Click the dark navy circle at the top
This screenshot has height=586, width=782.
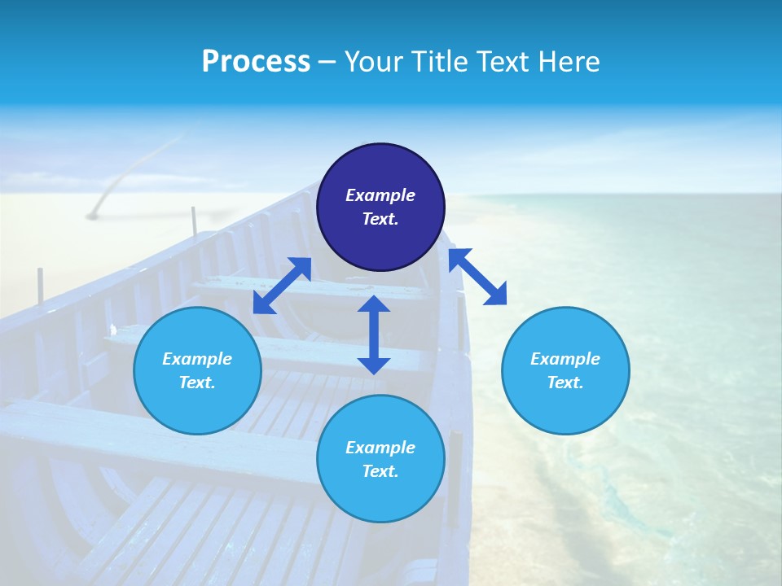click(x=380, y=208)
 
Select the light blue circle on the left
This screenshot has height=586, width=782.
click(x=197, y=370)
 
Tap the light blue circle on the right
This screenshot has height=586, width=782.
click(x=565, y=370)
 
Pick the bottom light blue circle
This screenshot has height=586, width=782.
click(x=380, y=459)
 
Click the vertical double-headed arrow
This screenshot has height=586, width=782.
click(x=374, y=335)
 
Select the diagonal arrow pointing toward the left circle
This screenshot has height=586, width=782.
click(x=282, y=285)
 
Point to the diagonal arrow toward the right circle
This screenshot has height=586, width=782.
click(x=477, y=277)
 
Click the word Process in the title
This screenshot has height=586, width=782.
click(x=256, y=61)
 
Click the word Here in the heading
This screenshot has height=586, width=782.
click(x=568, y=61)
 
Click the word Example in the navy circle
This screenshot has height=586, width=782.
click(x=380, y=195)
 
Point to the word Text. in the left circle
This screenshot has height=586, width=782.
click(x=197, y=383)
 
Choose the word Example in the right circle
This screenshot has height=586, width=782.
click(x=565, y=359)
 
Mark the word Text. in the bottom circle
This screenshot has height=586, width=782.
click(x=380, y=471)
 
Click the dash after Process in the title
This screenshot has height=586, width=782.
click(x=327, y=61)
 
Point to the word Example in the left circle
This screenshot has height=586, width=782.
click(x=197, y=359)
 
